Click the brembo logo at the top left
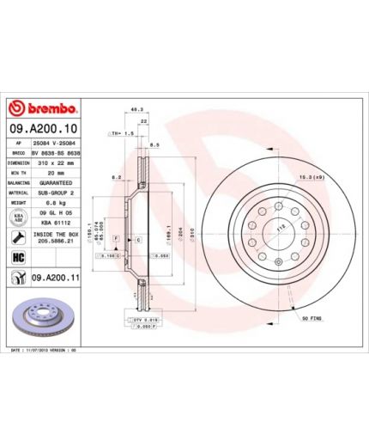click(x=43, y=109)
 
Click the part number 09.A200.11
click(x=55, y=278)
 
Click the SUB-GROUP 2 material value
click(x=54, y=193)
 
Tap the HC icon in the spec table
click(x=18, y=257)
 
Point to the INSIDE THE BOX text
click(x=55, y=234)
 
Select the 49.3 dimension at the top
click(x=135, y=108)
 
